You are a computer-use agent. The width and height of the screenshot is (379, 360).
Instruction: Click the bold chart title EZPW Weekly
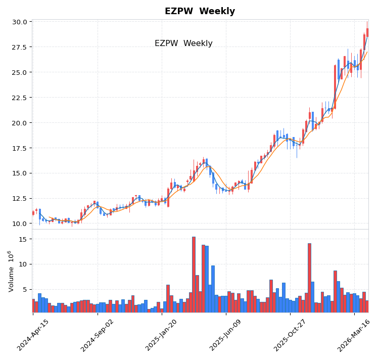click(200, 11)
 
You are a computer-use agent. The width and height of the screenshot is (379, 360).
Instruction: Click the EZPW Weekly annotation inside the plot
click(183, 43)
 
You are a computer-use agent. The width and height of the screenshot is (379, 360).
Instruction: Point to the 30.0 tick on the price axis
click(20, 22)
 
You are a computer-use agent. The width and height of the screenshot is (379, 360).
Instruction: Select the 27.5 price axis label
click(20, 47)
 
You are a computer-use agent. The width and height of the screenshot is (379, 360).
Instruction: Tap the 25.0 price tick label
click(20, 72)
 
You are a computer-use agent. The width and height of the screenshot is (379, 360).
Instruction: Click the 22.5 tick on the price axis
click(20, 98)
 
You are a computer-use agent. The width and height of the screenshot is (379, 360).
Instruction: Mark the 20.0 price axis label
click(20, 123)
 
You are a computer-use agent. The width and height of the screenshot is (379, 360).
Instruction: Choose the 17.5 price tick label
click(20, 148)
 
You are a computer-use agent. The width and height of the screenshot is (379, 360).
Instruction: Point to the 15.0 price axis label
click(20, 173)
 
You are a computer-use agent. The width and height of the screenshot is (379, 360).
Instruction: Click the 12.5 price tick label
click(20, 198)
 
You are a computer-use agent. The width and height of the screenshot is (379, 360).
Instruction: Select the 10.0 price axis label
click(20, 223)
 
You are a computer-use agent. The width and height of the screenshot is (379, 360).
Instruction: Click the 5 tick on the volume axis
click(24, 289)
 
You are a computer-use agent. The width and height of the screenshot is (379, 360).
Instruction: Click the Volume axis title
click(11, 271)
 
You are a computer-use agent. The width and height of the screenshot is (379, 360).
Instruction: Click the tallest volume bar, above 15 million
click(194, 275)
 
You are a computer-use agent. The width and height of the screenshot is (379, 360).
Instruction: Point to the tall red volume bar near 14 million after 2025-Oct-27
click(309, 278)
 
